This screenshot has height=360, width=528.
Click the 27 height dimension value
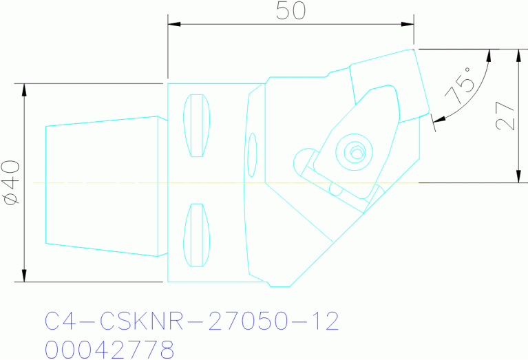(505, 116)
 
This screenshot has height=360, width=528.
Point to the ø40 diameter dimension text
(12, 183)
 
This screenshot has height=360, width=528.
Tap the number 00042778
(109, 349)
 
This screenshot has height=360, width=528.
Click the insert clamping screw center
(355, 151)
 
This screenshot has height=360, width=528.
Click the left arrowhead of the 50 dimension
(173, 25)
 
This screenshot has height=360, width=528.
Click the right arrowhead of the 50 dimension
(408, 25)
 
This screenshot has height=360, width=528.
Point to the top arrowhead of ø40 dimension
(24, 89)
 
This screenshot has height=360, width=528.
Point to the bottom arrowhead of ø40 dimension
(24, 277)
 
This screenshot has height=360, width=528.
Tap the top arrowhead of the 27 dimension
(518, 54)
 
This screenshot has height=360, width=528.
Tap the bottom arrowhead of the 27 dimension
(518, 177)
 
